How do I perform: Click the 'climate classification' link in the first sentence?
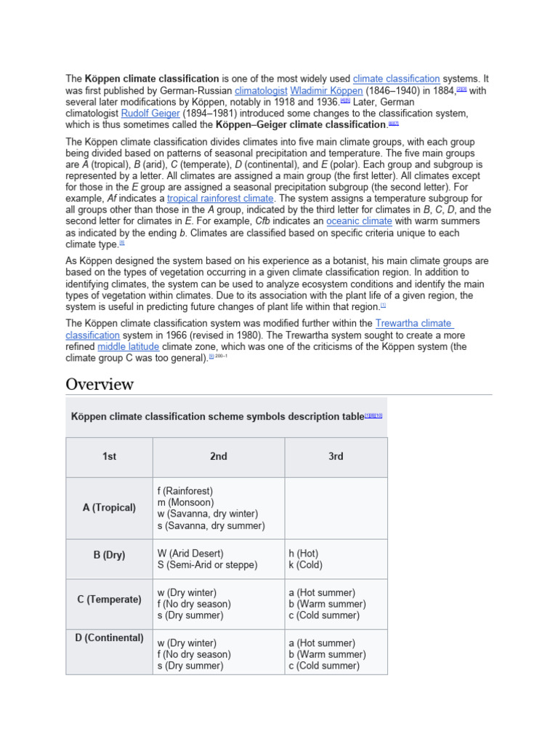pos(396,79)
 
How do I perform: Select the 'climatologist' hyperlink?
pos(261,90)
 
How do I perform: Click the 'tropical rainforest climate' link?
pos(220,198)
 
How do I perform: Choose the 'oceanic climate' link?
pos(359,221)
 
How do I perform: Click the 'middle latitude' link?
pos(129,347)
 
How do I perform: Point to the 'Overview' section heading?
pos(100,384)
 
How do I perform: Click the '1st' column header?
pos(109,457)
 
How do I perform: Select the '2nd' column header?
pos(219,457)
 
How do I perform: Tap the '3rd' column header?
pos(336,457)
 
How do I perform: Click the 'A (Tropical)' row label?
pos(109,508)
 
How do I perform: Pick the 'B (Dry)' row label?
pos(109,555)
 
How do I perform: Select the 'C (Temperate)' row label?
pos(109,599)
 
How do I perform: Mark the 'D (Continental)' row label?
pos(109,638)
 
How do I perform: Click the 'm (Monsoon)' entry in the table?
pos(185,503)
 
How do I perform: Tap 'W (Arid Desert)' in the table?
pos(190,554)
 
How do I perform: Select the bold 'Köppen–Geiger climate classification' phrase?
pos(296,125)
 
